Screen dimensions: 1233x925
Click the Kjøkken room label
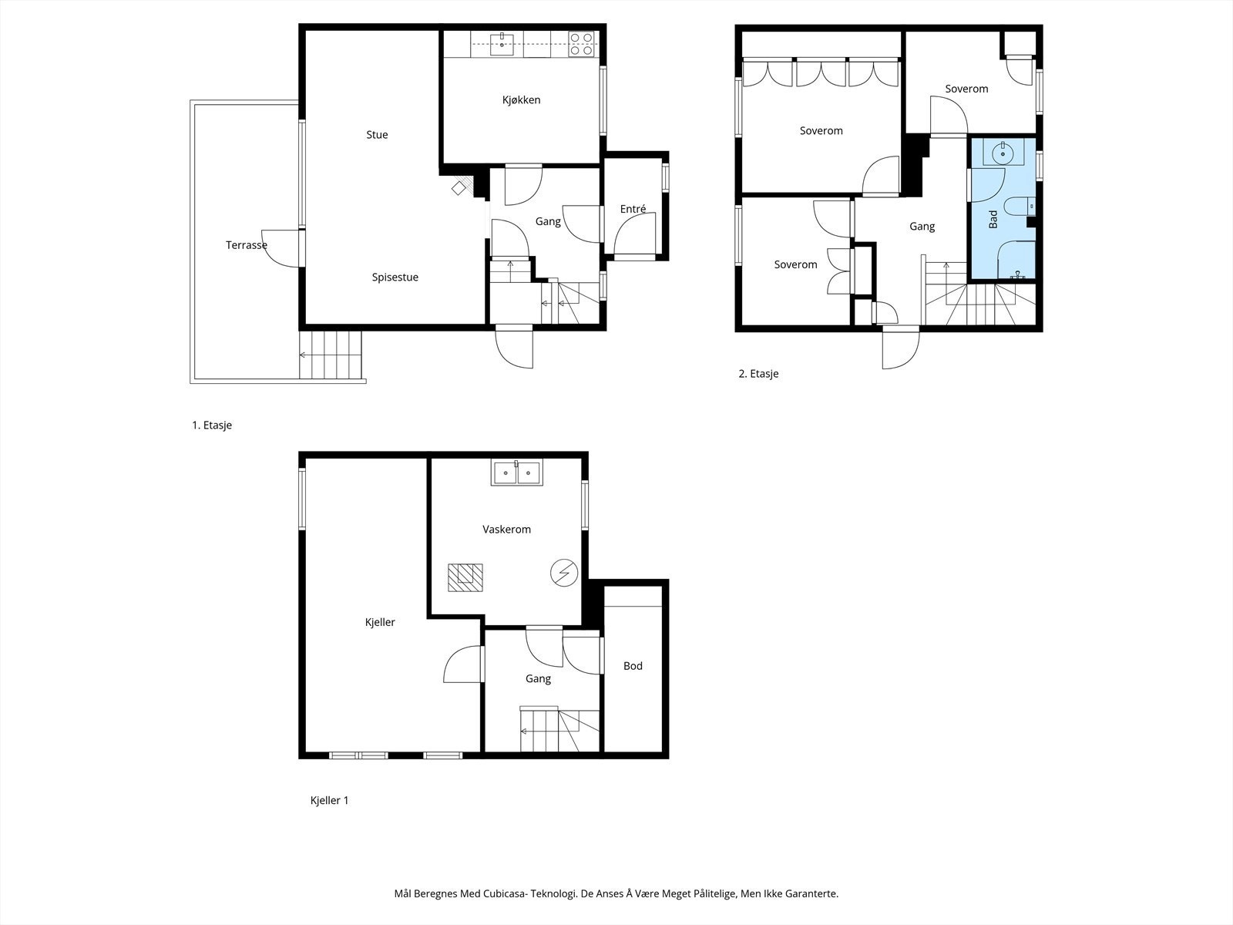pos(521,100)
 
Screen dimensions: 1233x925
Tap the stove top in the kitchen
pos(581,44)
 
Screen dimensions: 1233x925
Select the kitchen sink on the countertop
pos(502,45)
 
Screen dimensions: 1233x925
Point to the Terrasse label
pos(246,245)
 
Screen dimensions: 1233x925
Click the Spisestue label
pos(395,277)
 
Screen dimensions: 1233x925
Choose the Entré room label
pos(633,209)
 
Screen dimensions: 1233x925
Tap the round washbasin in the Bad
pos(1003,153)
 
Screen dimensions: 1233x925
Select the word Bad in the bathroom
pos(993,219)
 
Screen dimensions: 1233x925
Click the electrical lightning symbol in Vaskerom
pos(564,573)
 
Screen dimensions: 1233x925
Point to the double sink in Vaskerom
pos(517,473)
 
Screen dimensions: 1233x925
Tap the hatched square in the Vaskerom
pos(465,577)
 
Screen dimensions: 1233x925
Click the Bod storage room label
pos(633,666)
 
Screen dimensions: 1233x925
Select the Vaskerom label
pos(506,529)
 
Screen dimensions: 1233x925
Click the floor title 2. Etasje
pos(758,374)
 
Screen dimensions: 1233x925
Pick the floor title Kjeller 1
pos(329,800)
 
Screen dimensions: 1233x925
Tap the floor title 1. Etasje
pos(212,425)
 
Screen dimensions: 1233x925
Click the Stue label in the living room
pos(377,135)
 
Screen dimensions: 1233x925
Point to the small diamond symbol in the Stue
pos(459,188)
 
